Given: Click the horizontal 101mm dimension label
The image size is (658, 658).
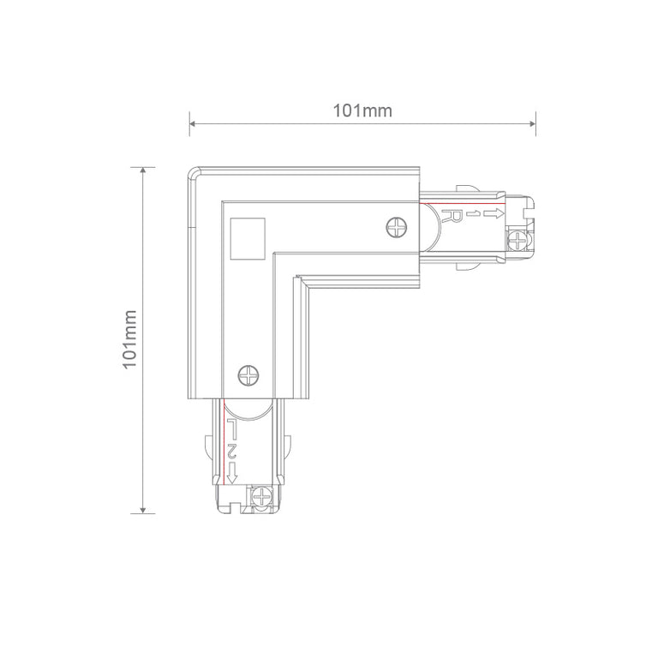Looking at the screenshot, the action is (x=362, y=111).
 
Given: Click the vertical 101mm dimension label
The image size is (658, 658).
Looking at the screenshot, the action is (x=129, y=339).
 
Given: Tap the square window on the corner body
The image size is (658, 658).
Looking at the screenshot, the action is (x=248, y=239).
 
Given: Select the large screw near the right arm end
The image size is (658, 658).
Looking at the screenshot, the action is (x=397, y=227).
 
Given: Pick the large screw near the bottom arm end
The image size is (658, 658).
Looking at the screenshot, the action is (x=248, y=375).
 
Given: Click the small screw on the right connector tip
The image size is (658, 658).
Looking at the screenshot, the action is (x=518, y=242).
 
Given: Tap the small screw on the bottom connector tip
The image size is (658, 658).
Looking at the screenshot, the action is (x=262, y=497).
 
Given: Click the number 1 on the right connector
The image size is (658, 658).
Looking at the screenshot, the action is (x=472, y=214).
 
